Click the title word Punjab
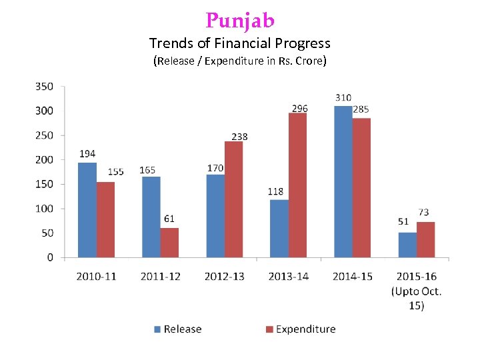click(x=240, y=21)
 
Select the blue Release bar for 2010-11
click(x=87, y=210)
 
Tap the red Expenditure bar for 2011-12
click(x=169, y=243)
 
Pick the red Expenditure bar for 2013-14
click(x=297, y=185)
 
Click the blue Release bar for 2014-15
click(x=343, y=181)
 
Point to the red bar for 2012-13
click(x=233, y=199)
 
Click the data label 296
click(x=300, y=107)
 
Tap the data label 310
click(x=343, y=98)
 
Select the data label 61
click(x=169, y=219)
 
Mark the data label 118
click(x=275, y=191)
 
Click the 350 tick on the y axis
click(x=45, y=86)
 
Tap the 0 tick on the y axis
click(x=50, y=257)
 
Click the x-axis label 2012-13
click(x=224, y=276)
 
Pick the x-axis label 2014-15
click(x=352, y=276)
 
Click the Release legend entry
click(x=177, y=329)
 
